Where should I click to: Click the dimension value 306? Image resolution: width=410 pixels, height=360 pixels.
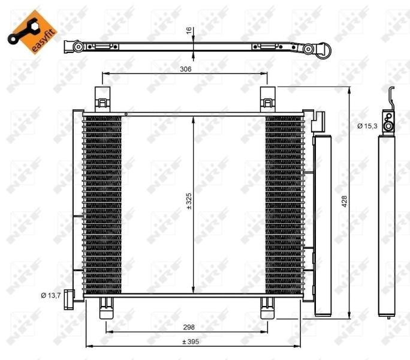pos(185,69)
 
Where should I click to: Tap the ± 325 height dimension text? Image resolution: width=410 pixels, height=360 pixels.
pos(188,204)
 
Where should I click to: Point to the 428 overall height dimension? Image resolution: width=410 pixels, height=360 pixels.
pos(344,203)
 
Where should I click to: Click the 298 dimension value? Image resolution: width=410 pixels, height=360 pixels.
pos(189,327)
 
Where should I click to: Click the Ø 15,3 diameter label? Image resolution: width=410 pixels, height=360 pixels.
pos(367,126)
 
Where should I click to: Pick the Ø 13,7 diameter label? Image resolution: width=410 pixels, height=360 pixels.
pos(52,295)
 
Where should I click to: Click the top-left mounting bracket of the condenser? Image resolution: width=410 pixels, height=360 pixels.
pos(103,98)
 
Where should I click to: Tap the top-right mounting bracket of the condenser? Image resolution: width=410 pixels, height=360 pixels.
pos(267,98)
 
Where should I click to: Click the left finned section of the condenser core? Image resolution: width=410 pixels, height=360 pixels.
pos(102,204)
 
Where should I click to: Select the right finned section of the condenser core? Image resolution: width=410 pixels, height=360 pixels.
pos(284,204)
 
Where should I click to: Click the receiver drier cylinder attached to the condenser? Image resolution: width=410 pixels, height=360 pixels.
pos(322,225)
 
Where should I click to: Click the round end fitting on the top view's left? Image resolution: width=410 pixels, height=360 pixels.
pos(76,47)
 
